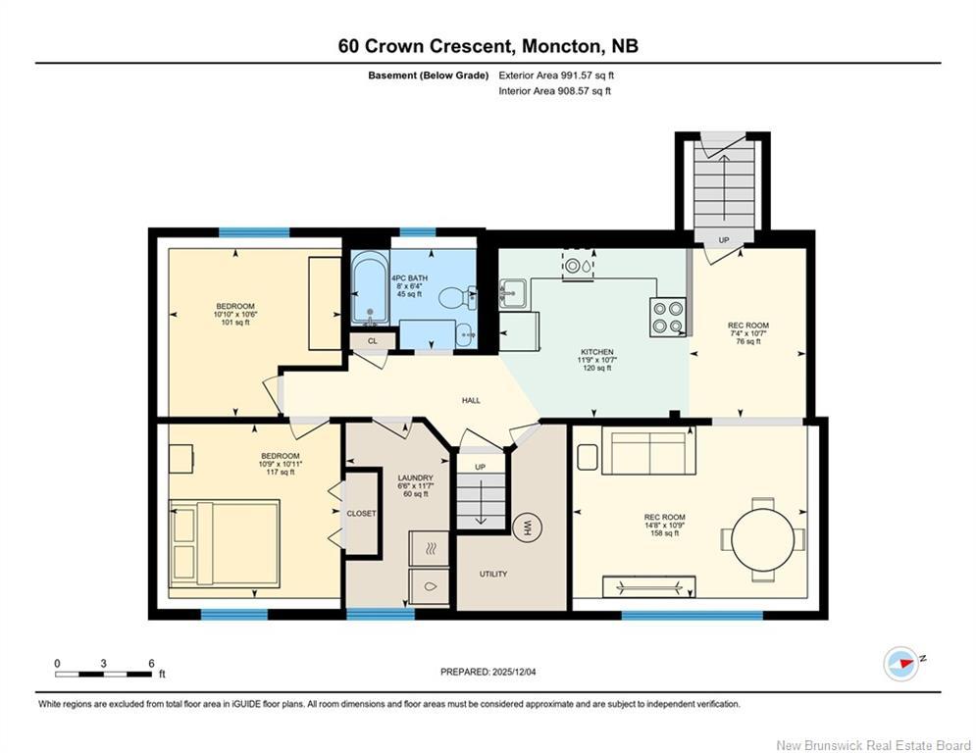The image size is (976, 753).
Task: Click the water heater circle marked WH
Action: click(x=526, y=527)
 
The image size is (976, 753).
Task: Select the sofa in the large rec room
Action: click(x=647, y=452)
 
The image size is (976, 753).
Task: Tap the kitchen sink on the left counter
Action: click(x=512, y=292)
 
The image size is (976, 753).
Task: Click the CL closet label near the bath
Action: click(x=373, y=340)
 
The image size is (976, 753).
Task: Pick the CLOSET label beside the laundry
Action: click(x=361, y=513)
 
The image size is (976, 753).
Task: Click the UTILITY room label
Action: click(x=493, y=574)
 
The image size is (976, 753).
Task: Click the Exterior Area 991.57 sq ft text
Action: click(x=556, y=75)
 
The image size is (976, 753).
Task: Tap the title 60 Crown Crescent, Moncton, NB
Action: click(x=488, y=45)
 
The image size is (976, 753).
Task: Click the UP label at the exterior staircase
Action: click(x=724, y=240)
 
